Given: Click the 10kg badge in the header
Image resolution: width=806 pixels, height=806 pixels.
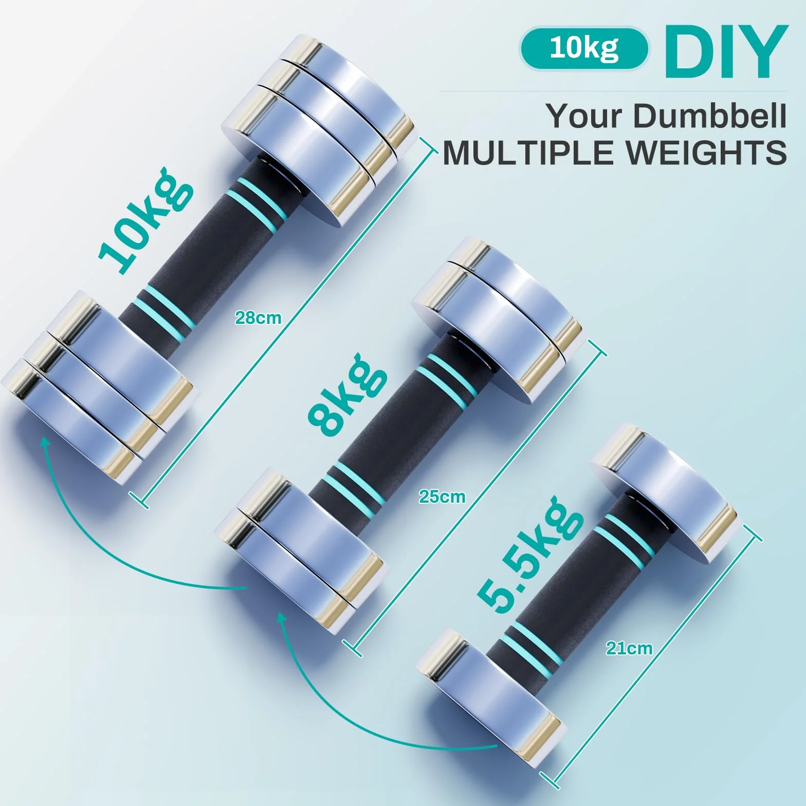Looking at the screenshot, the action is pyautogui.click(x=584, y=48).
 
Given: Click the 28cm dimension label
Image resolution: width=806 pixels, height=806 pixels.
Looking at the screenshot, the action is pyautogui.click(x=258, y=318).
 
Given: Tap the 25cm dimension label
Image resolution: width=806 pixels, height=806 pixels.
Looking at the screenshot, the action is pyautogui.click(x=442, y=497).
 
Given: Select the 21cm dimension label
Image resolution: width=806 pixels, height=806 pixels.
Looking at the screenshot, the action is pyautogui.click(x=629, y=648).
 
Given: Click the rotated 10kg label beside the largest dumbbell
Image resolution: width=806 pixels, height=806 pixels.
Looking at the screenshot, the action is pyautogui.click(x=146, y=221).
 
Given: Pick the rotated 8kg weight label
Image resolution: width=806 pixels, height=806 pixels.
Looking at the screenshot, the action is pyautogui.click(x=347, y=393).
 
